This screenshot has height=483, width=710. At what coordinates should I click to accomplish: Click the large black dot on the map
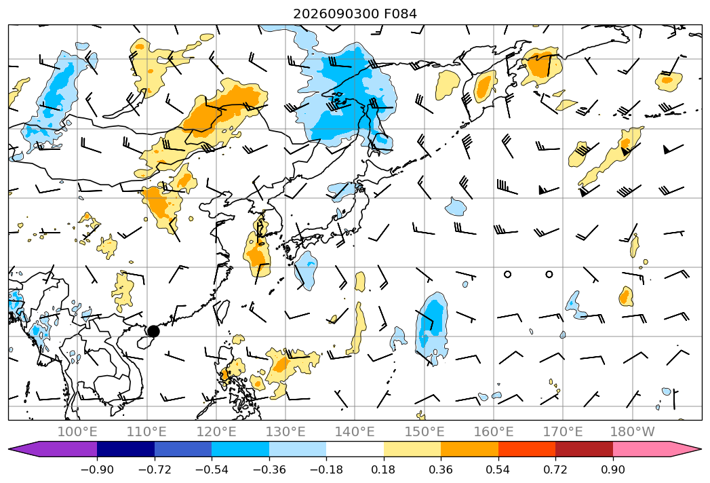[x=153, y=331]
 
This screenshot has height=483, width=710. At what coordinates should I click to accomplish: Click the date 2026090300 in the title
[x=336, y=14]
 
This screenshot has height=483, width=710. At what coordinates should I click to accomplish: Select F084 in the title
[x=400, y=14]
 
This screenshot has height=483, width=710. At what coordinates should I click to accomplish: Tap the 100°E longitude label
[x=77, y=432]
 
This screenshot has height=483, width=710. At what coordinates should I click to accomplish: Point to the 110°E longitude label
[x=146, y=432]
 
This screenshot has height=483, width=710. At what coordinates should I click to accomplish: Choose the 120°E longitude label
[x=216, y=432]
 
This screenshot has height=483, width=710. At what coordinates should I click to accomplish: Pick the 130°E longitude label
[x=285, y=432]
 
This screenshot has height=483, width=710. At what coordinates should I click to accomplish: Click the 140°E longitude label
[x=355, y=432]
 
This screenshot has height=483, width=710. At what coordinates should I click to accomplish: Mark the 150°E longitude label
[x=425, y=432]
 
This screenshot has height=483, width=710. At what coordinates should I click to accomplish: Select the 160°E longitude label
[x=494, y=432]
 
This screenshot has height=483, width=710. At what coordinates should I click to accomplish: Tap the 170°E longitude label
[x=563, y=432]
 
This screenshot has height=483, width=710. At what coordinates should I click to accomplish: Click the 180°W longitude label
[x=633, y=432]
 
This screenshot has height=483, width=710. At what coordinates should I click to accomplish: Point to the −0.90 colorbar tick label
[x=97, y=469]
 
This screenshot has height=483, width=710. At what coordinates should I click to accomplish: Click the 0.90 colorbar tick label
[x=613, y=469]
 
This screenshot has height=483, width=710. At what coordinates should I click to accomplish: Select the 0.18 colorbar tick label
[x=384, y=469]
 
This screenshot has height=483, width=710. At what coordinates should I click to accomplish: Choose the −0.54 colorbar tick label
[x=212, y=469]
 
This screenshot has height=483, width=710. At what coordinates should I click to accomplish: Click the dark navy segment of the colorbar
[x=126, y=449]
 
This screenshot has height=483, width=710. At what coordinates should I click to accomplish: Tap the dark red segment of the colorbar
[x=584, y=449]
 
